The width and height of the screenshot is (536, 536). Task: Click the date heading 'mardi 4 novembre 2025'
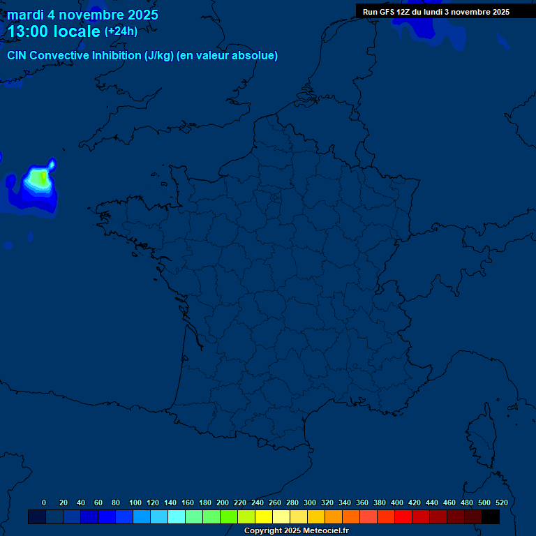tap(82, 15)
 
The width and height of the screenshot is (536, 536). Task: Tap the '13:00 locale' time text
tap(54, 31)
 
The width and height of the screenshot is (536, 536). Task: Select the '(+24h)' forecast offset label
tap(121, 31)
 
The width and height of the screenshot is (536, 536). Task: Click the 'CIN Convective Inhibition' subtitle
tap(142, 56)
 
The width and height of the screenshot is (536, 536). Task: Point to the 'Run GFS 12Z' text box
tap(435, 12)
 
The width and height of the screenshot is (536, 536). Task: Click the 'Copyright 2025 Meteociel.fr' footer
tap(296, 531)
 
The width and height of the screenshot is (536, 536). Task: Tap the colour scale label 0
tap(44, 502)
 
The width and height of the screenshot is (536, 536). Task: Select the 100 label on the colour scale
tap(135, 502)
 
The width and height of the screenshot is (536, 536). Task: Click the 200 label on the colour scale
tap(223, 502)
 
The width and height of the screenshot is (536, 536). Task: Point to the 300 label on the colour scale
tap(310, 502)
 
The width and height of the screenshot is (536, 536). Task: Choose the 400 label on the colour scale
tap(397, 502)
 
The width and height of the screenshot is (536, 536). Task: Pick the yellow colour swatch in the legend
tap(264, 517)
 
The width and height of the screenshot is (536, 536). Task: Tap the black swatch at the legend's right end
tap(491, 517)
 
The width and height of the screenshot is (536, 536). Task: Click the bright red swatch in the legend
tap(403, 517)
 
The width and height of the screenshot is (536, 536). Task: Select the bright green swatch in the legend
tap(229, 517)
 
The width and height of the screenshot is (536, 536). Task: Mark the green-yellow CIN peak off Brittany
tap(42, 179)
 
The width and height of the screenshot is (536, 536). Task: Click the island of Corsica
tap(481, 433)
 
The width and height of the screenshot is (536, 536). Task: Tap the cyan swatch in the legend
tap(177, 517)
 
